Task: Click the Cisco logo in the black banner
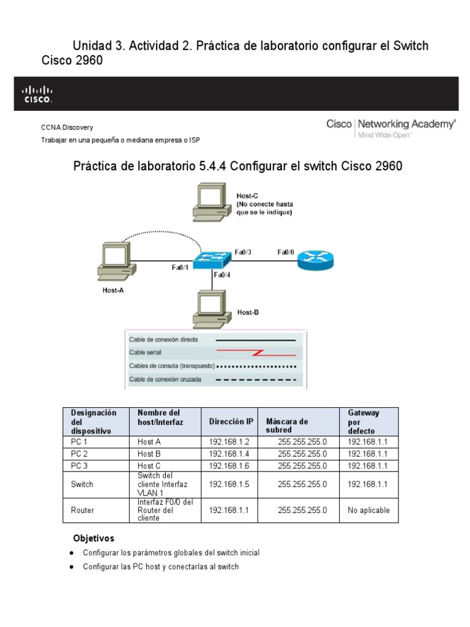[38, 94]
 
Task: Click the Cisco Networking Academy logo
[391, 127]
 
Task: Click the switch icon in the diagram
[212, 260]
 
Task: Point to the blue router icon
[316, 261]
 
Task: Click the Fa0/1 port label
[181, 267]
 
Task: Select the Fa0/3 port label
[243, 252]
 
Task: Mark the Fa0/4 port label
[222, 275]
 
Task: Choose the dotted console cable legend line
[258, 366]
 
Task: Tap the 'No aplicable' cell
[368, 510]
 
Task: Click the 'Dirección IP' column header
[231, 421]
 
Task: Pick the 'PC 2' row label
[79, 454]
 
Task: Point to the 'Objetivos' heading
[94, 539]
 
